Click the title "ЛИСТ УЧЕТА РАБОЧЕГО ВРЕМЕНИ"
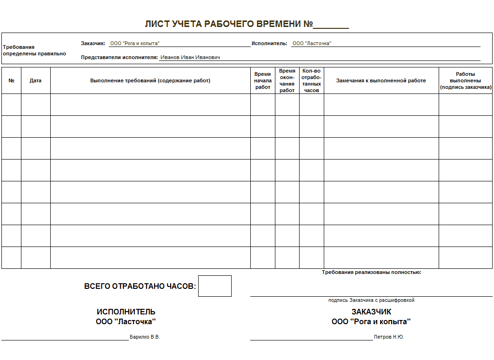(228, 24)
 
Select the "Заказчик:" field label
(93, 43)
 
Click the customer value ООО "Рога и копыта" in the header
(135, 43)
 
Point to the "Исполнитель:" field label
(269, 43)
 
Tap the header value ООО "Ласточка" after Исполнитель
(311, 43)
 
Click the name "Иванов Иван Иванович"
(190, 57)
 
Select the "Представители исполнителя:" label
(120, 57)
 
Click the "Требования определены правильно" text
(34, 50)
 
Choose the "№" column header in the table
(12, 80)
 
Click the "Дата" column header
(35, 80)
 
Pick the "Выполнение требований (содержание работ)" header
(150, 80)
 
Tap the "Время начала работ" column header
(263, 80)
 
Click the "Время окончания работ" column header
(287, 80)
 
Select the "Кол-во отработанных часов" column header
(311, 80)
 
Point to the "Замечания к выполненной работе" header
(381, 80)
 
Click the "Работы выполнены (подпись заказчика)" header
(465, 80)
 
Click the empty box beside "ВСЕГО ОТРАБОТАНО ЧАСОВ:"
(214, 286)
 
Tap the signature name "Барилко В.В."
(145, 337)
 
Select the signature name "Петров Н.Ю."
(389, 337)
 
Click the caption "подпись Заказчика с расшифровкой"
(371, 300)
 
